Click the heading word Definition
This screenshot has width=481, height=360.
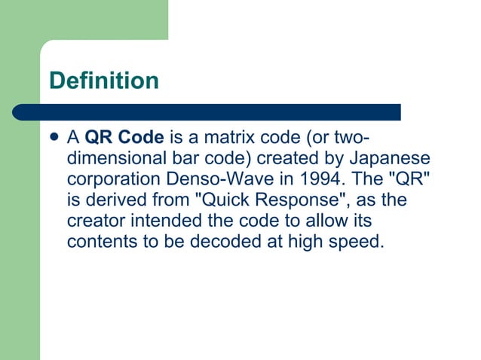pos(103,80)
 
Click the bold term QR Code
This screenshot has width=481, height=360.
pos(124,138)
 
